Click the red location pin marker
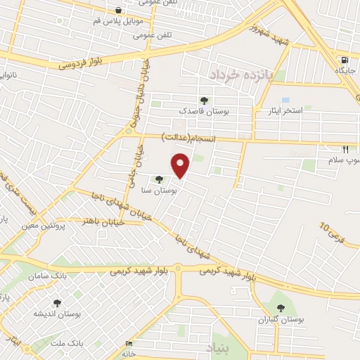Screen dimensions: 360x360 click(x=181, y=165)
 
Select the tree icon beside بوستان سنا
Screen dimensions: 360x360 click(x=160, y=180)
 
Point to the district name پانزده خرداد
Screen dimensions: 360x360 click(x=239, y=73)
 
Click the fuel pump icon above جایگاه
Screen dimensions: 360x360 click(x=343, y=60)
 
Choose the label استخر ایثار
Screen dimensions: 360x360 click(x=284, y=111)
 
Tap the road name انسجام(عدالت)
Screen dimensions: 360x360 click(x=187, y=136)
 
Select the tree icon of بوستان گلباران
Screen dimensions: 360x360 click(x=281, y=307)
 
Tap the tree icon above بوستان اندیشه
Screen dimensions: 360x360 click(x=57, y=303)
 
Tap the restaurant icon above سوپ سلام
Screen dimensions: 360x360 click(x=345, y=149)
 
